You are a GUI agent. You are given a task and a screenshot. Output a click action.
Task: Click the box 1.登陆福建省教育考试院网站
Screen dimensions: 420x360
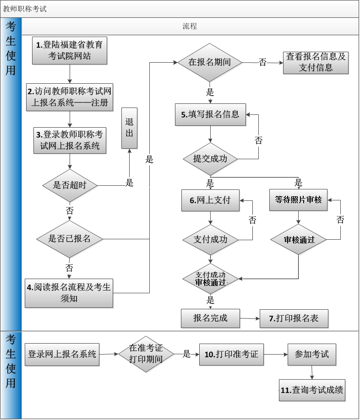(70, 51)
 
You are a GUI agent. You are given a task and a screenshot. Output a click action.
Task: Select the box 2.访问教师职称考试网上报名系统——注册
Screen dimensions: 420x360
(70, 97)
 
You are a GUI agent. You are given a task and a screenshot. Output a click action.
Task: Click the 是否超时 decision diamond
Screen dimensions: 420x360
(70, 185)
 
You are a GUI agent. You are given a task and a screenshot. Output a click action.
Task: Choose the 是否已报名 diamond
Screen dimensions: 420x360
(70, 239)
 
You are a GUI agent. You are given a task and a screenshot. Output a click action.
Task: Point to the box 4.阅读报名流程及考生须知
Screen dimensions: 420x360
(69, 293)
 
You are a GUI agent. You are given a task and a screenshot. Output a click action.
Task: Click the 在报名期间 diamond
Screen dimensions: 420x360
(210, 62)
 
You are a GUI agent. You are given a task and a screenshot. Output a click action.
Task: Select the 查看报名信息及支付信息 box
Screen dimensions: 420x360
(316, 62)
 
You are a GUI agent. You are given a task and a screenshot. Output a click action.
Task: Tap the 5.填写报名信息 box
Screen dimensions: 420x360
(210, 114)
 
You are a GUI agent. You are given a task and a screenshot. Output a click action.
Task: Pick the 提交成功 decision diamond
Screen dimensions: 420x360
(210, 159)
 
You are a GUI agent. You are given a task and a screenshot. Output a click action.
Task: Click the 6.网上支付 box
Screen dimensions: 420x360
(210, 200)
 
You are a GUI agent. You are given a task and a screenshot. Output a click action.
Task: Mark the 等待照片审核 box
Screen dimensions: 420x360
(298, 200)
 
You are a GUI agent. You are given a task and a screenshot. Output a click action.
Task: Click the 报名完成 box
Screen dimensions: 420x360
(210, 318)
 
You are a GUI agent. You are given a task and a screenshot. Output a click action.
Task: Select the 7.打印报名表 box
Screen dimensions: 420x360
(294, 318)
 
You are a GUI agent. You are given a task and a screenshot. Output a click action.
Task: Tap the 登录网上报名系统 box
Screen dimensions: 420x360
(62, 354)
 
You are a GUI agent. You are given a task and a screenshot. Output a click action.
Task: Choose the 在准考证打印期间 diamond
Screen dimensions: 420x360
(146, 354)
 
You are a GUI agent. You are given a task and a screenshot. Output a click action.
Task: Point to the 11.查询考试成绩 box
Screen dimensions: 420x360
(312, 390)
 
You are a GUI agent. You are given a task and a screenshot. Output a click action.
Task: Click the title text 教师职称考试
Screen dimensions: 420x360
(25, 9)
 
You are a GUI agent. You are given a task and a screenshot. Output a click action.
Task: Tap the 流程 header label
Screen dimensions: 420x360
(190, 27)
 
